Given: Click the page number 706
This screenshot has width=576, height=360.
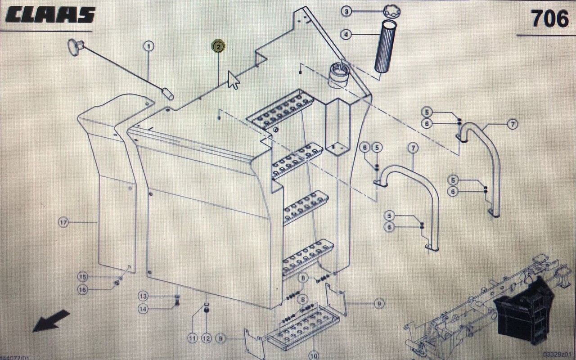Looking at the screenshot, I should [549, 19].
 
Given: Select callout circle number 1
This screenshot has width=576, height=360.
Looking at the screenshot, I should [148, 46].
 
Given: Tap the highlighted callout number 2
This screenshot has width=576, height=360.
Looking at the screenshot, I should [218, 46].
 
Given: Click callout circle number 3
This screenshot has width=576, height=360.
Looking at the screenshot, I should [346, 12].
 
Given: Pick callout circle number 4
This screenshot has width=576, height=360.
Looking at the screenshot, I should [346, 34].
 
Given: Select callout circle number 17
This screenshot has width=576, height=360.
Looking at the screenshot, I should [63, 221].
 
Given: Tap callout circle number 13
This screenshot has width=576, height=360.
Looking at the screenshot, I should [143, 296].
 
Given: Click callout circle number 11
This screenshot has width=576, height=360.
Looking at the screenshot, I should [192, 337].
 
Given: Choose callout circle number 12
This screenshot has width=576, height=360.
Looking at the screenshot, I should [207, 337].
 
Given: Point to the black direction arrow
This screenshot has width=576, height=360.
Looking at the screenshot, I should [51, 321].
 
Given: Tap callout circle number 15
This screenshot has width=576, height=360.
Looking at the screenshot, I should [82, 276].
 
